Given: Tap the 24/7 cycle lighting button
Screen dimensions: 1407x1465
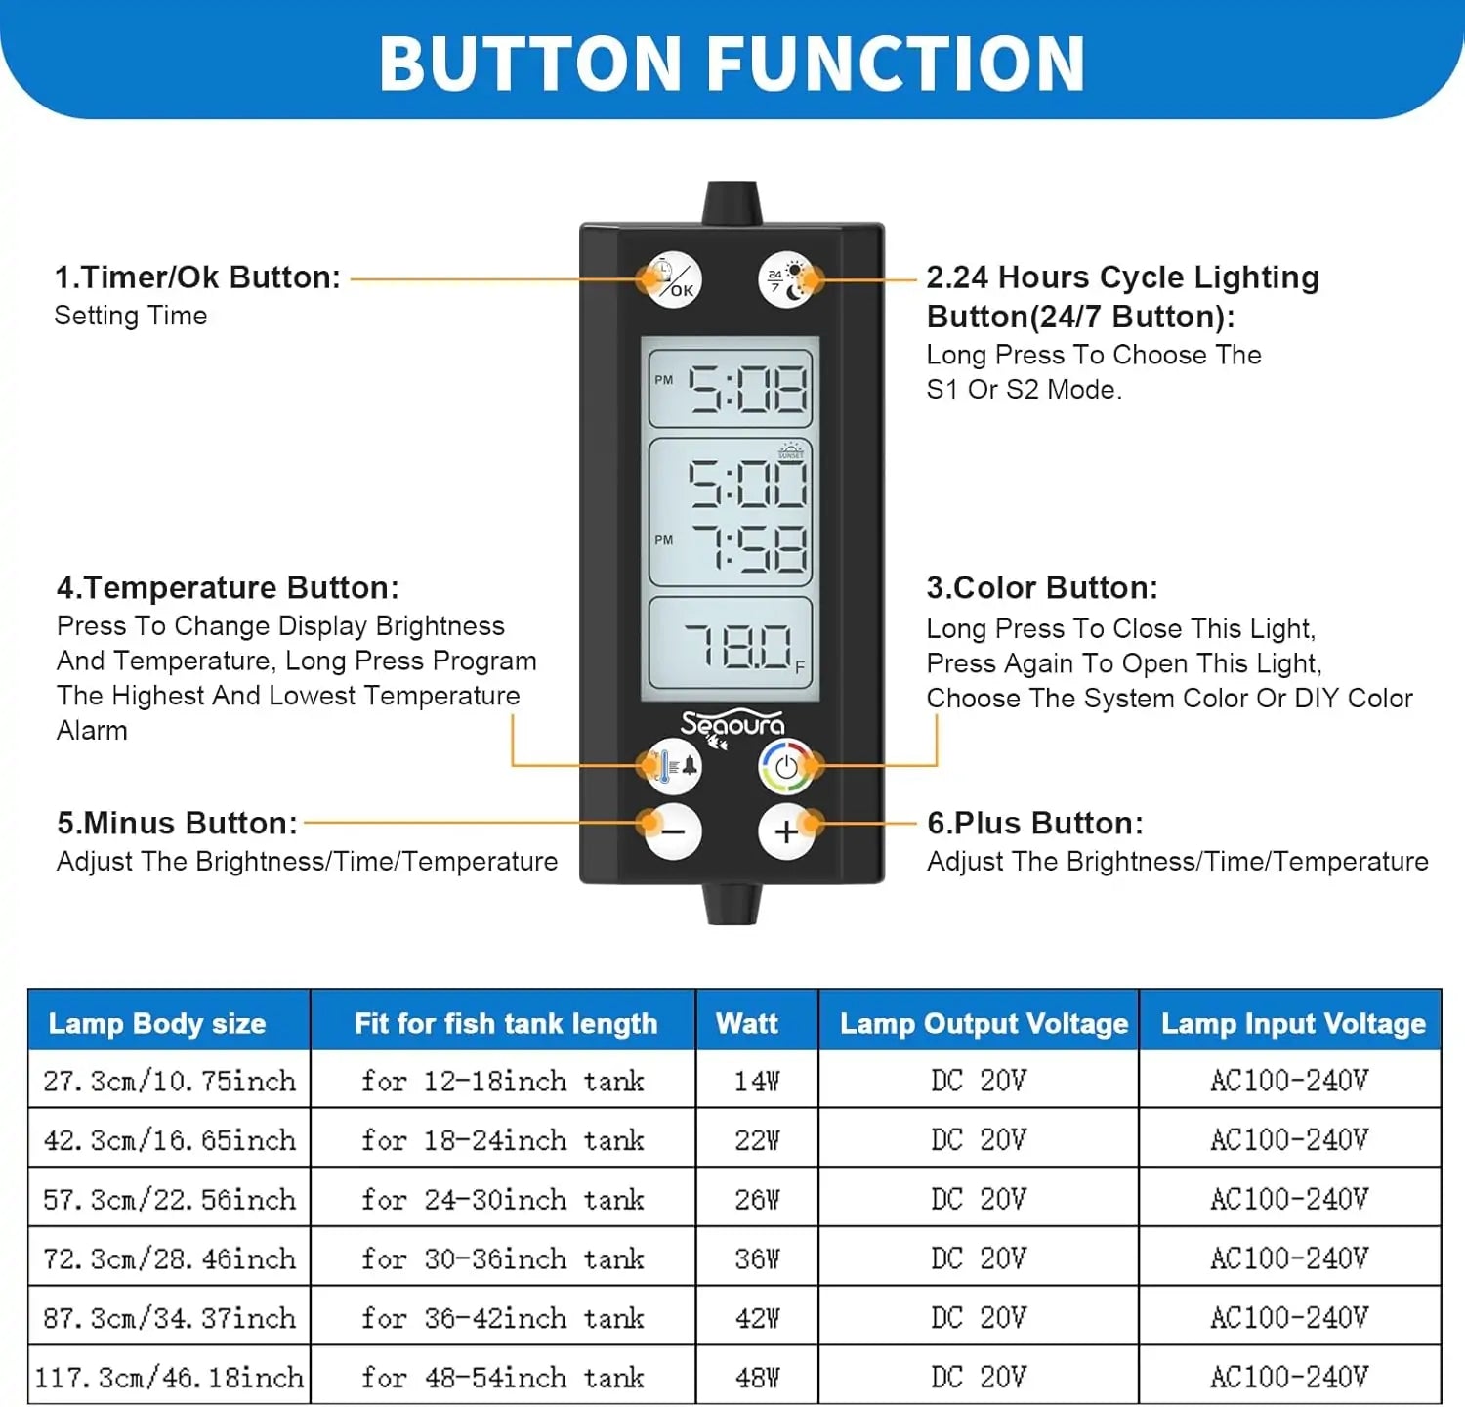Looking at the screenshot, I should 786,280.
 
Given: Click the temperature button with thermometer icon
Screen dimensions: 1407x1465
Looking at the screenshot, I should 673,766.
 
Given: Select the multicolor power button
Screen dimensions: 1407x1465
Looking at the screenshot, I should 786,766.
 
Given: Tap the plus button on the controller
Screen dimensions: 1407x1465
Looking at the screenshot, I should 786,831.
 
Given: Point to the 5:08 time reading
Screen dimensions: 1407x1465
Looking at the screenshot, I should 747,389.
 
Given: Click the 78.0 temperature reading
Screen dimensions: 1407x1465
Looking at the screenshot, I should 737,646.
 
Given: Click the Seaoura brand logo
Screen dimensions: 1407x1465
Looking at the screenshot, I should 732,725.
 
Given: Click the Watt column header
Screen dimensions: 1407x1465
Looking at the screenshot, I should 747,1023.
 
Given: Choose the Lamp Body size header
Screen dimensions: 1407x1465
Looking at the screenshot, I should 157,1023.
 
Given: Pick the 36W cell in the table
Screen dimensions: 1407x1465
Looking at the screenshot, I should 757,1258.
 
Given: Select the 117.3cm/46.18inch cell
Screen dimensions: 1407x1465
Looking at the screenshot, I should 169,1377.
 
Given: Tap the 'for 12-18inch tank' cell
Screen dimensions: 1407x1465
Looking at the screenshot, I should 502,1081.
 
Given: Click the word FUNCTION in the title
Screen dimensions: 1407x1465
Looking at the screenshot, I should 896,64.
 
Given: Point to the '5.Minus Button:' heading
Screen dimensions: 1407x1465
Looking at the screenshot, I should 177,823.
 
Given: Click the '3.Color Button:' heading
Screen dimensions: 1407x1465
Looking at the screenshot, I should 1042,587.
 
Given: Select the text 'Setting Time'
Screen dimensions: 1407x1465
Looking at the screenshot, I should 131,316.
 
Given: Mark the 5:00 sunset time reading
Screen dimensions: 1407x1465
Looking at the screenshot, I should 748,485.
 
